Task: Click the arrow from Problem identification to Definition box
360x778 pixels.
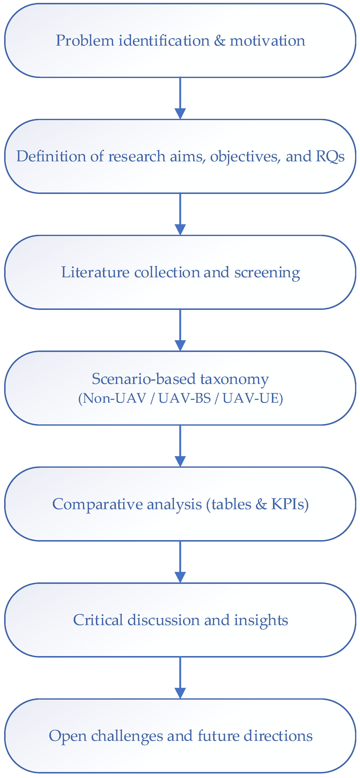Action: coord(180,98)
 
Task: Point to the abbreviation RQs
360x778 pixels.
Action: coord(330,156)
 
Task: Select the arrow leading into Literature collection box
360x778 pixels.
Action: coord(180,214)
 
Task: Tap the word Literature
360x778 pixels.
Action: coord(96,272)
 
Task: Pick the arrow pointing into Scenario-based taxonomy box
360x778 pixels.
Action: coord(180,330)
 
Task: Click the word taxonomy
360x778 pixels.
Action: coord(234,379)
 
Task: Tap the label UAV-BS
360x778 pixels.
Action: coord(184,398)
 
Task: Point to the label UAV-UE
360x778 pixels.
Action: coord(251,398)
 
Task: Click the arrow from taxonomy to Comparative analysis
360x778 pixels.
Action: coord(180,446)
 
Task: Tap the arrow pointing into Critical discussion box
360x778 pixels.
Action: coord(180,562)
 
